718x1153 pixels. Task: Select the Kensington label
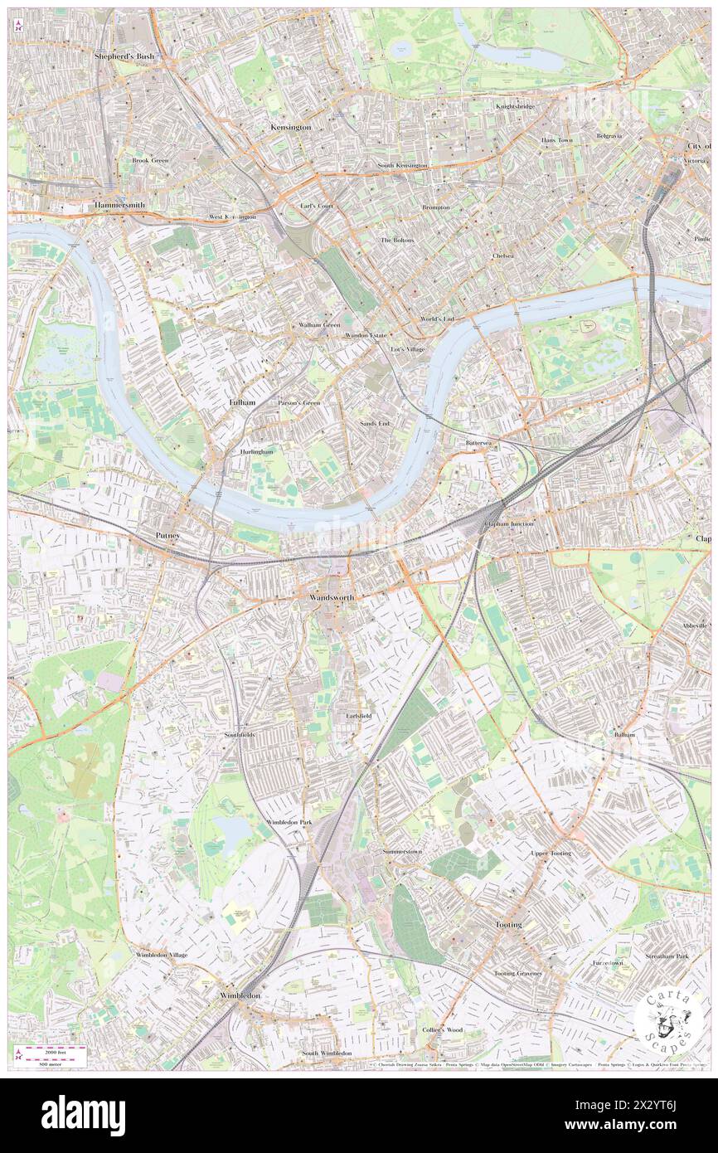290,127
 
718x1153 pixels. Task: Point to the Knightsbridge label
515,106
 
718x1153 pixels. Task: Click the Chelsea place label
502,255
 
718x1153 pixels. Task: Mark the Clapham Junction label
509,524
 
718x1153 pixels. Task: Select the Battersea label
478,444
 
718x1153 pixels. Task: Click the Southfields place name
240,735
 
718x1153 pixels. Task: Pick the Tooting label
508,924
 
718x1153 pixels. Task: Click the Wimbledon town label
240,995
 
